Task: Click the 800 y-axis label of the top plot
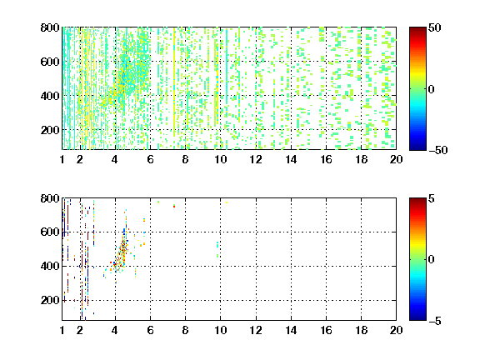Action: [50, 27]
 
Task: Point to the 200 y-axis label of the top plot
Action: [50, 130]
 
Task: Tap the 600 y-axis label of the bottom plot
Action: [50, 232]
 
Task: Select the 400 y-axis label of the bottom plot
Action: [50, 266]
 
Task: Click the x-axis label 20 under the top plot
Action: [396, 159]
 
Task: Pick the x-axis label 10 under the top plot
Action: [220, 159]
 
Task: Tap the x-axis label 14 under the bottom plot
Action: [291, 330]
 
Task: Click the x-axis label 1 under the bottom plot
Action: [62, 330]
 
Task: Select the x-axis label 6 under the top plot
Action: [150, 159]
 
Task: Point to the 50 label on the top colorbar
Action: [434, 27]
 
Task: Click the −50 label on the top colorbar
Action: [438, 150]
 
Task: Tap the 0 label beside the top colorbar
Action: [431, 89]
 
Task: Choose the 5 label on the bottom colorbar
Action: [431, 198]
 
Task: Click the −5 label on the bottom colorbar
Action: [435, 321]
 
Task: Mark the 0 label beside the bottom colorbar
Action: [431, 260]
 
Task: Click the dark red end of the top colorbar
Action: [417, 29]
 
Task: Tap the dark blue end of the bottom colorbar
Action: [417, 318]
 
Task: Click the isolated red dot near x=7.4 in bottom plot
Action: [174, 207]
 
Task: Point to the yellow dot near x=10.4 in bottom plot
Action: [227, 202]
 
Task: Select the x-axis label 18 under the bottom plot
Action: [361, 330]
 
